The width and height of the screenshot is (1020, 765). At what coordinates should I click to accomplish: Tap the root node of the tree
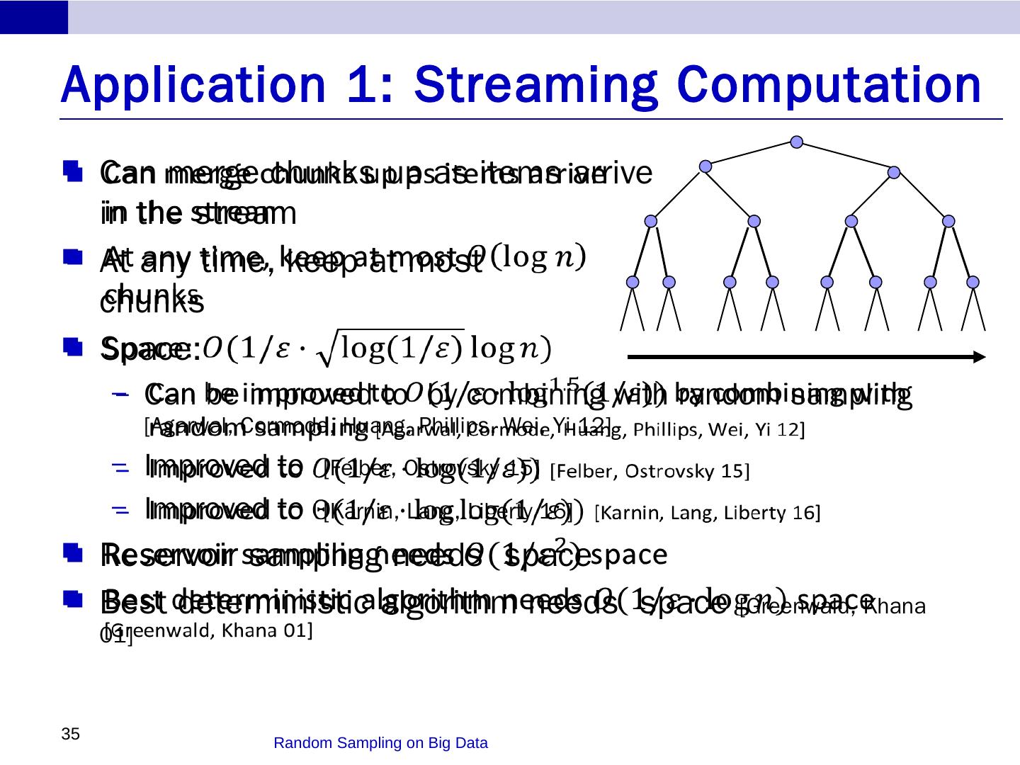tap(797, 142)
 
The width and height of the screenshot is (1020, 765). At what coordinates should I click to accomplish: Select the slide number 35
tap(69, 734)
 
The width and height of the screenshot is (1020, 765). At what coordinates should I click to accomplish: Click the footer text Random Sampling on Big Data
tap(380, 743)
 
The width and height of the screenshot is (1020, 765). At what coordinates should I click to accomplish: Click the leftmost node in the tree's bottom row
tap(633, 282)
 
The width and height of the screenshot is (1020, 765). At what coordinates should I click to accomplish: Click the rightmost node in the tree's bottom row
tap(973, 282)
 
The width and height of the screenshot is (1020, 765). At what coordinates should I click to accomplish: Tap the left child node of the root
tap(705, 166)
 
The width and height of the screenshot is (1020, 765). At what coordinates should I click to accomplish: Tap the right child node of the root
tap(894, 172)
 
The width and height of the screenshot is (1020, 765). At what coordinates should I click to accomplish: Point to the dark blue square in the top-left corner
tap(34, 17)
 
